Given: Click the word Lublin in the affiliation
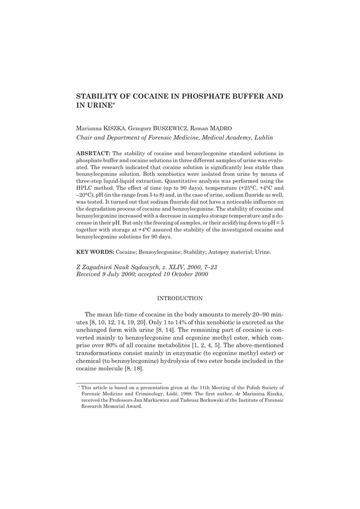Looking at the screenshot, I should (x=264, y=137).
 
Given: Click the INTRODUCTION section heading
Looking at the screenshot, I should (x=180, y=298).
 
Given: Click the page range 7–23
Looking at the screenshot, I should (x=209, y=267).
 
